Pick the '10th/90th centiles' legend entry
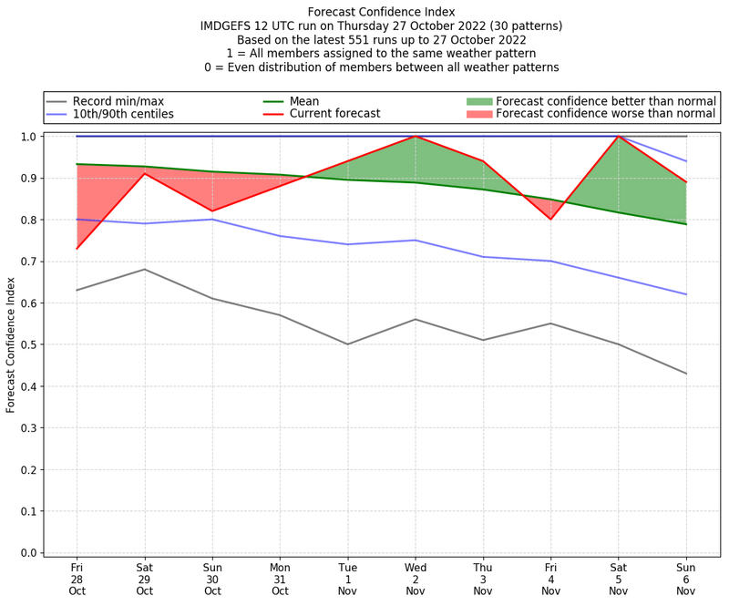tap(123, 114)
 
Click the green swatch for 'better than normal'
tap(479, 100)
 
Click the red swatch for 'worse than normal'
tap(479, 114)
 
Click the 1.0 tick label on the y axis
tap(27, 137)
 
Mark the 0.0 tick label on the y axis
tap(27, 552)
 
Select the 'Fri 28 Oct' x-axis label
tap(77, 579)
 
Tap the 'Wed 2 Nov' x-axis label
tap(416, 579)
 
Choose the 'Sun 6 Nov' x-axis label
tap(686, 579)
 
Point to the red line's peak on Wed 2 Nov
tap(416, 137)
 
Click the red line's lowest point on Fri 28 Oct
tap(77, 249)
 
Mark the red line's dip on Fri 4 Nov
tap(550, 220)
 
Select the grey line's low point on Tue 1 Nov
tap(347, 344)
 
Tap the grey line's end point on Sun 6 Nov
tap(686, 374)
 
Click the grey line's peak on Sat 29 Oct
tap(144, 269)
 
